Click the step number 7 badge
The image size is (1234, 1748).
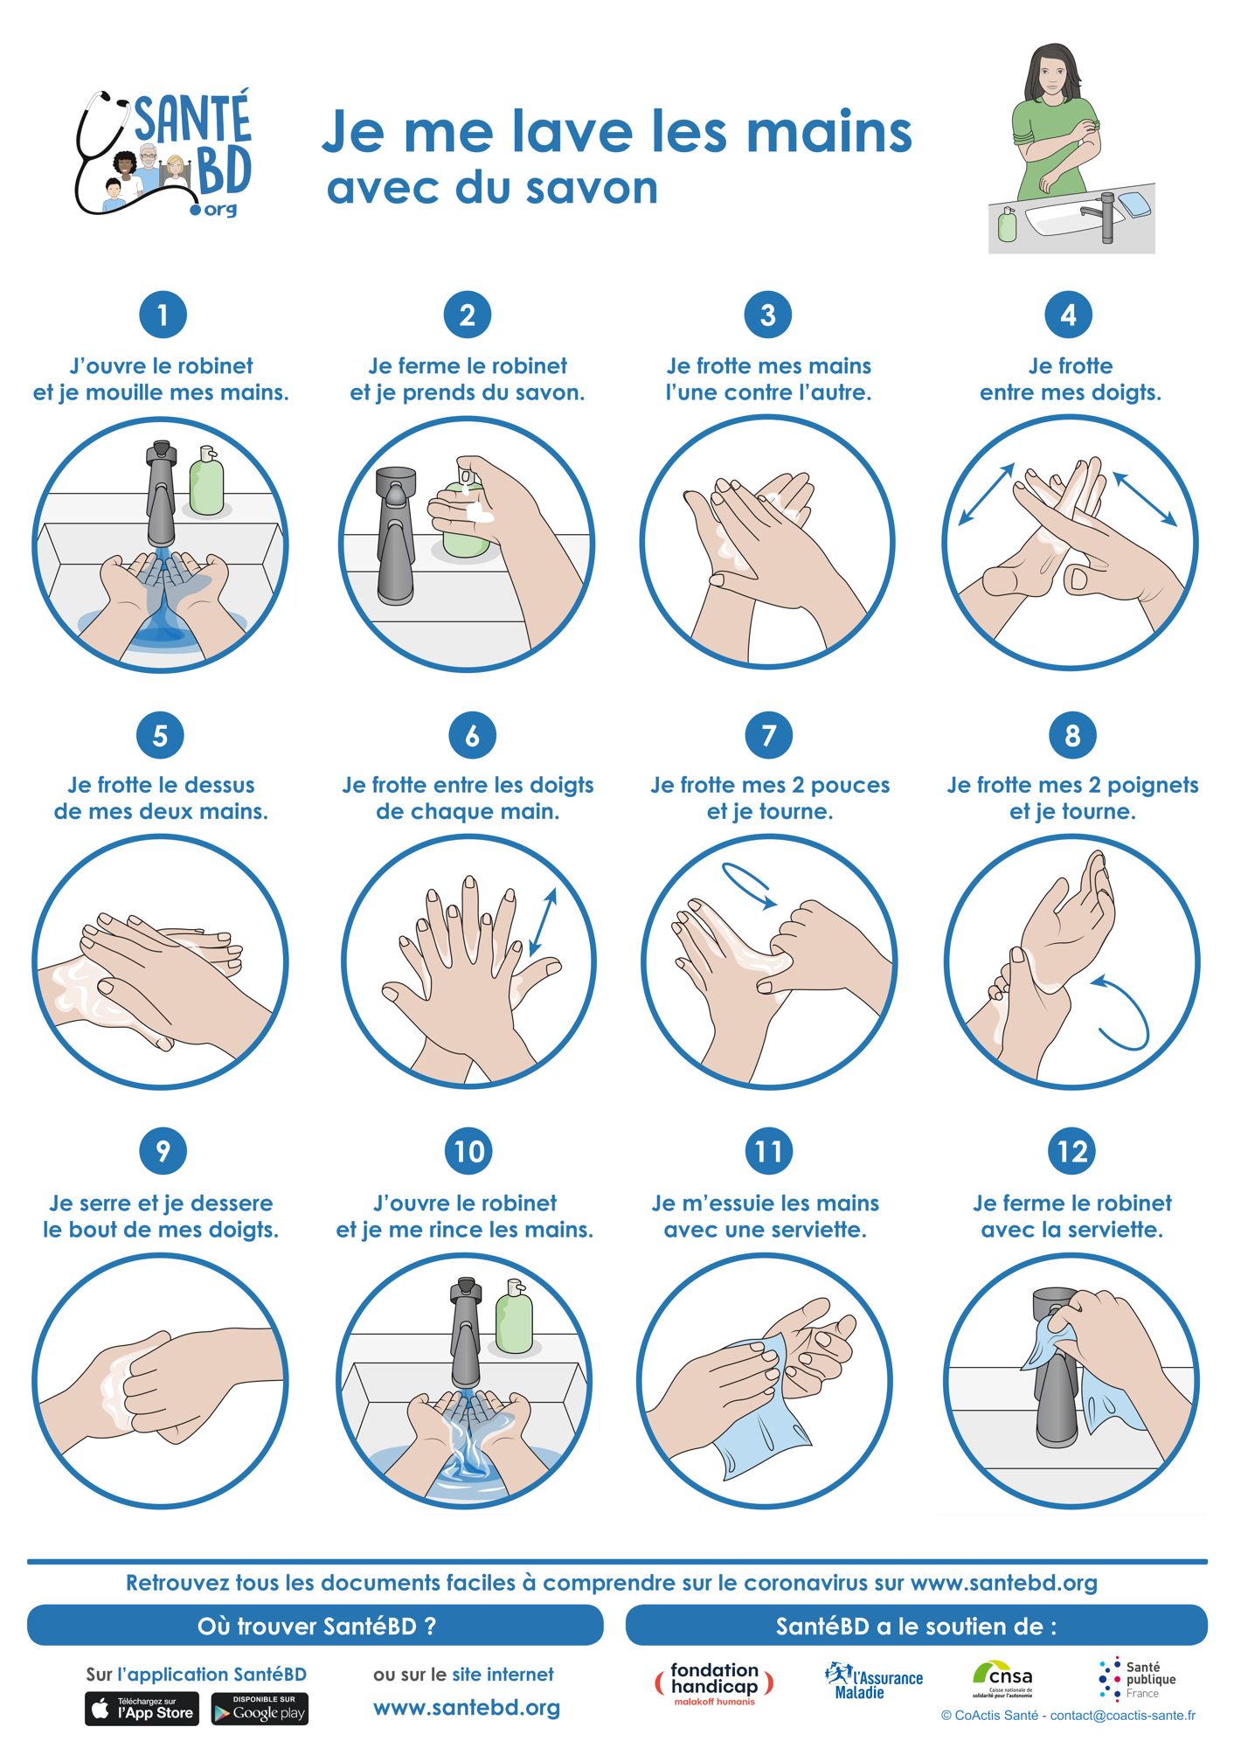coord(769,735)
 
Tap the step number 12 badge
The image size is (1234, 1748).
coord(1072,1152)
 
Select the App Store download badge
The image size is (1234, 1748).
coord(142,1709)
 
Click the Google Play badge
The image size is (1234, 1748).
coord(260,1709)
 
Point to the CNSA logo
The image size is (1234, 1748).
coord(1002,1679)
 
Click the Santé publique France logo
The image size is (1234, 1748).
coord(1137,1679)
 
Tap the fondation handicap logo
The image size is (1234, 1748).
coord(714,1683)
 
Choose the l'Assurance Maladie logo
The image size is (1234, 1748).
coord(873,1681)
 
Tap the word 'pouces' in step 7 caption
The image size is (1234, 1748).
coord(850,785)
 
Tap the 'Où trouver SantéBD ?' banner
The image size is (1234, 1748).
coord(315,1626)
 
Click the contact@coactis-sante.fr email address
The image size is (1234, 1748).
coord(1122,1715)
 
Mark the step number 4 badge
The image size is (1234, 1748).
coord(1068,315)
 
